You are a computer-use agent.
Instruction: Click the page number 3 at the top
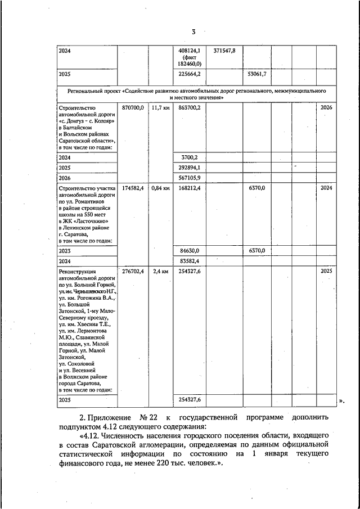193,31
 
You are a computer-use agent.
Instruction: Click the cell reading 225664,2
190,74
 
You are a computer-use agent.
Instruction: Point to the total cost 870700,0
133,107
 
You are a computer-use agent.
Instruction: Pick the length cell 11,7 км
160,107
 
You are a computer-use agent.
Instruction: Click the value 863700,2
190,107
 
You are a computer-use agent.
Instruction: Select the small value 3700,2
190,157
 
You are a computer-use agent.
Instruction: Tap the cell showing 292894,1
190,167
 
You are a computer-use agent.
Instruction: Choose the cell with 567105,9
190,177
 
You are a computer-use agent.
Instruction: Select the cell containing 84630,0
190,250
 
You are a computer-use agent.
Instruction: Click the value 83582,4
190,260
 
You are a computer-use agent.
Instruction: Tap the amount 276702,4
133,271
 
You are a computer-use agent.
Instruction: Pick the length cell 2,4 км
160,271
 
